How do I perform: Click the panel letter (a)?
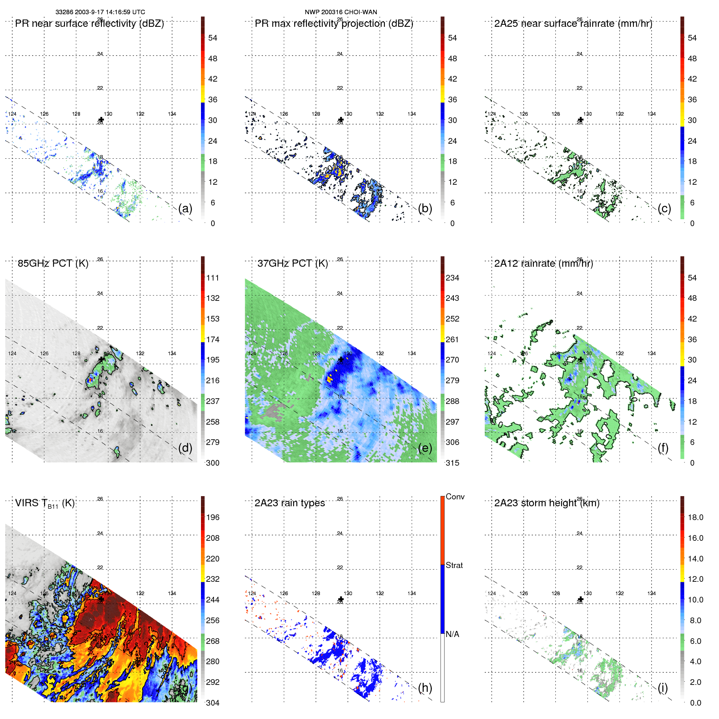pyautogui.click(x=185, y=209)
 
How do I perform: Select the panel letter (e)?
pyautogui.click(x=425, y=448)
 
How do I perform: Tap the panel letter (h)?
pyautogui.click(x=425, y=688)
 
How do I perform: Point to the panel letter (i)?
pyautogui.click(x=663, y=688)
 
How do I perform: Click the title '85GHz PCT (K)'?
pyautogui.click(x=53, y=263)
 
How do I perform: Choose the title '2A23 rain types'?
pyautogui.click(x=289, y=503)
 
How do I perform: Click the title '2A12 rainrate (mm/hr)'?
pyautogui.click(x=543, y=263)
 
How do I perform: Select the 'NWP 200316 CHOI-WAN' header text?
pyautogui.click(x=341, y=12)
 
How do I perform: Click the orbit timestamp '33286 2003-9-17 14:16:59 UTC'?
pyautogui.click(x=100, y=12)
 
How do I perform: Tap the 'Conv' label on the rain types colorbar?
pyautogui.click(x=455, y=497)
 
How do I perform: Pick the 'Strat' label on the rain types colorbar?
pyautogui.click(x=454, y=566)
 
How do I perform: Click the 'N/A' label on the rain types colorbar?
pyautogui.click(x=452, y=634)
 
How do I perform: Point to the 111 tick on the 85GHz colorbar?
pyautogui.click(x=213, y=278)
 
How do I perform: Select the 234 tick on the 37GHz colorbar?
pyautogui.click(x=452, y=278)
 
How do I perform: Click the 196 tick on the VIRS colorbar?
pyautogui.click(x=213, y=518)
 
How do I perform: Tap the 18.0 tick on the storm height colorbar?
pyautogui.click(x=695, y=518)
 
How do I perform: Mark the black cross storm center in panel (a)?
pyautogui.click(x=101, y=120)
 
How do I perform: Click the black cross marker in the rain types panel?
pyautogui.click(x=341, y=599)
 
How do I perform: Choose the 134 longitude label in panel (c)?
pyautogui.click(x=651, y=114)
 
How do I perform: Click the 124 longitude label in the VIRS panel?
pyautogui.click(x=12, y=594)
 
